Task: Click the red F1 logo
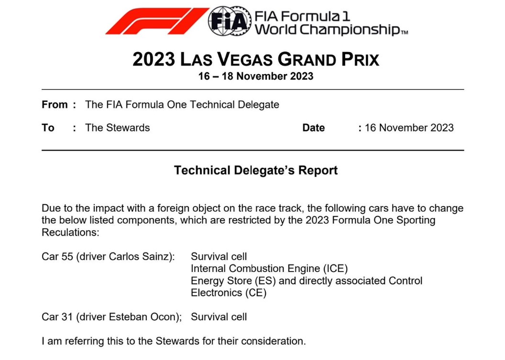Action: (x=157, y=21)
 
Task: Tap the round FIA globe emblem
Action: (x=230, y=21)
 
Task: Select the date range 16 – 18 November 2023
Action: (x=256, y=76)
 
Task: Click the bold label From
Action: (x=55, y=105)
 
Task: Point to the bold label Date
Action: (x=313, y=128)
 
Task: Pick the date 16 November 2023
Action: (x=409, y=128)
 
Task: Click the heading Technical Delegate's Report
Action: (x=256, y=170)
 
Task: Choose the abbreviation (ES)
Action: (x=265, y=281)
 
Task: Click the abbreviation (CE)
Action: (x=256, y=293)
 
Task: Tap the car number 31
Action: (x=67, y=317)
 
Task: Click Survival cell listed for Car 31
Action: (x=219, y=317)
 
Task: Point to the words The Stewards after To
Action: (x=117, y=128)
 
